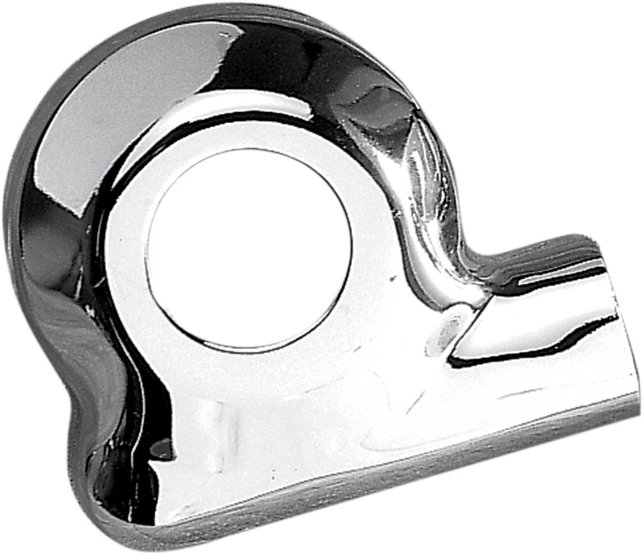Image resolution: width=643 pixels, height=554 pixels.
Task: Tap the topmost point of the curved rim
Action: coord(241,5)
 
